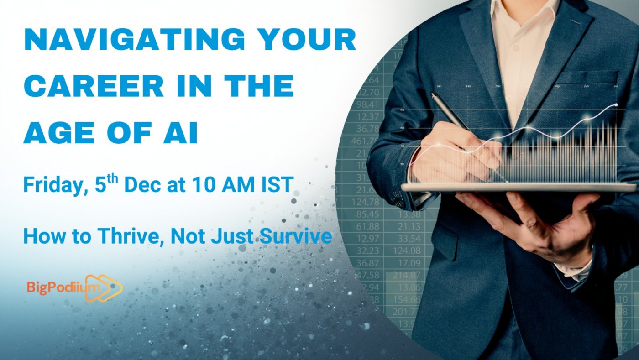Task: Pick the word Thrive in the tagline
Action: click(x=132, y=237)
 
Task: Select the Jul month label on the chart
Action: click(x=616, y=86)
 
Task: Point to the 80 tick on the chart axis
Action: click(x=402, y=110)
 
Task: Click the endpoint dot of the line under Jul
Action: click(x=616, y=105)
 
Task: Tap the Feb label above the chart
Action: click(x=468, y=86)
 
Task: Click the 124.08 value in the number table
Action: click(x=406, y=250)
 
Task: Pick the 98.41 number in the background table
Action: click(x=368, y=105)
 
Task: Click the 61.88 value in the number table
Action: click(x=368, y=226)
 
